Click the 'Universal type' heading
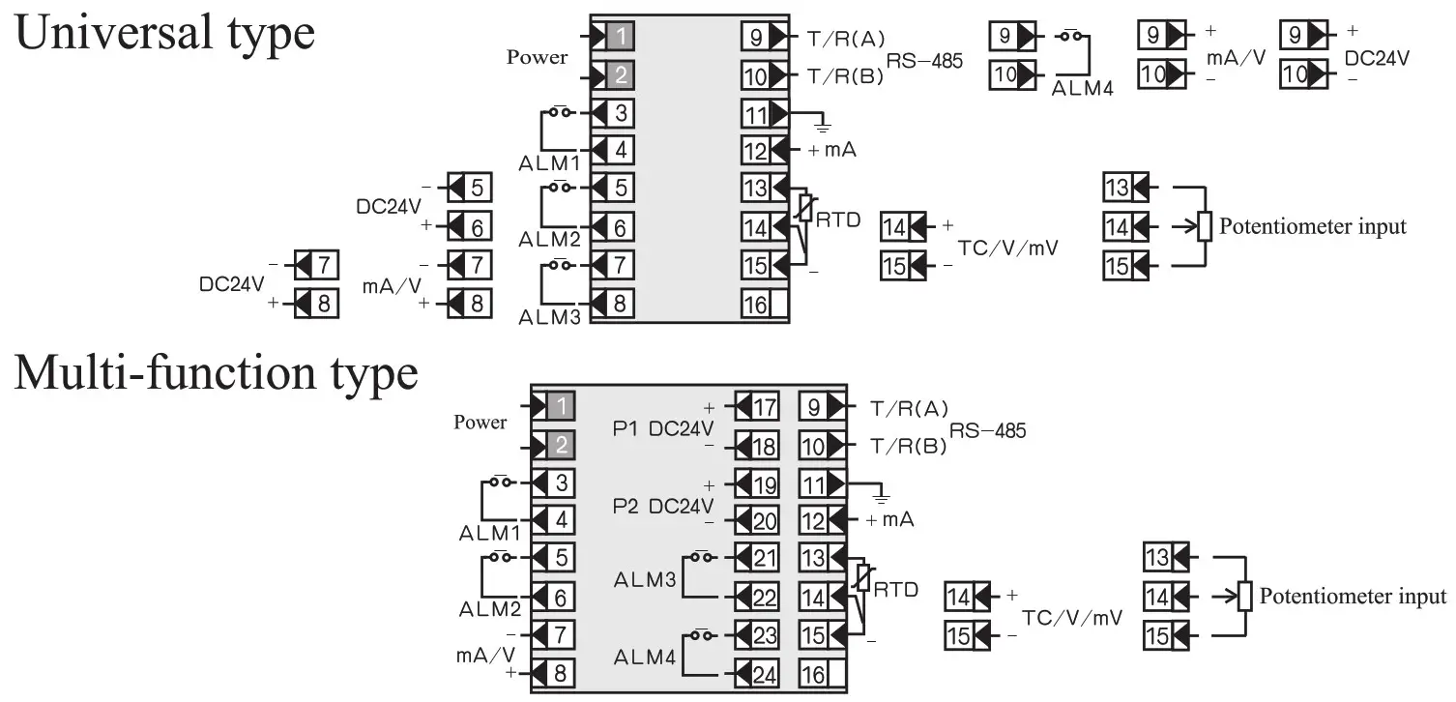point(164,34)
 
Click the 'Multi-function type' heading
point(216,374)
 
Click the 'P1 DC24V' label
point(663,429)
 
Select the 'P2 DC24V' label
point(663,507)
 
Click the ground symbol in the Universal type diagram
point(822,124)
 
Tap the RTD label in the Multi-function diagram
point(895,590)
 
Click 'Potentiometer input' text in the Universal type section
point(1312,227)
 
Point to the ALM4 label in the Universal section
point(1082,88)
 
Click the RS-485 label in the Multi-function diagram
point(987,430)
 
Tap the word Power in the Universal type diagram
point(537,57)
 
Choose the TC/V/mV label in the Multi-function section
point(1072,618)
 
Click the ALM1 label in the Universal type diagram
point(549,163)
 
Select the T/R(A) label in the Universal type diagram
point(846,39)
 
